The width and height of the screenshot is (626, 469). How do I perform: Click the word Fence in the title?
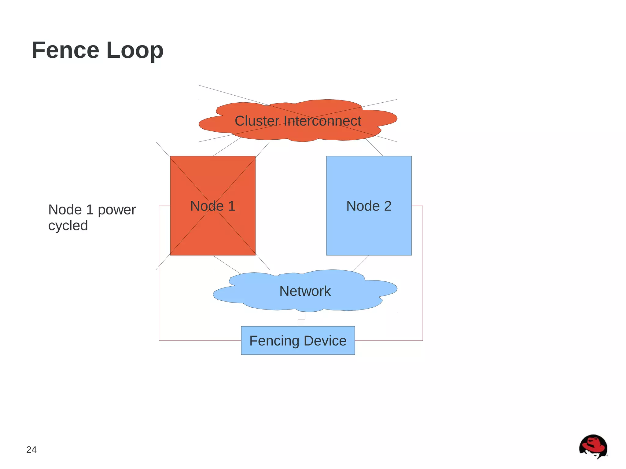[65, 50]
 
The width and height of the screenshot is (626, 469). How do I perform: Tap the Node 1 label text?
[212, 206]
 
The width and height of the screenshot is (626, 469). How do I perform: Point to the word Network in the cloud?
[305, 291]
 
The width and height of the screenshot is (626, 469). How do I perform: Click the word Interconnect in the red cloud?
[322, 121]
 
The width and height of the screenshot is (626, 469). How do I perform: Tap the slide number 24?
[31, 450]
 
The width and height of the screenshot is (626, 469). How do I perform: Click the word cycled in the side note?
[68, 226]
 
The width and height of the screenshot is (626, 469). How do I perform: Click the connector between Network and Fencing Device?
[301, 319]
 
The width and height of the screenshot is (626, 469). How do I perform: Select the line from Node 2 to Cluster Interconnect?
[374, 147]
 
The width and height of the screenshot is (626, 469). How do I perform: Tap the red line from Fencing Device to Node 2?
[422, 275]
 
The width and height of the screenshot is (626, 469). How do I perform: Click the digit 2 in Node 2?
[388, 206]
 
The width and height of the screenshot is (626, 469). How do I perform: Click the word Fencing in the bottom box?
[274, 341]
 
